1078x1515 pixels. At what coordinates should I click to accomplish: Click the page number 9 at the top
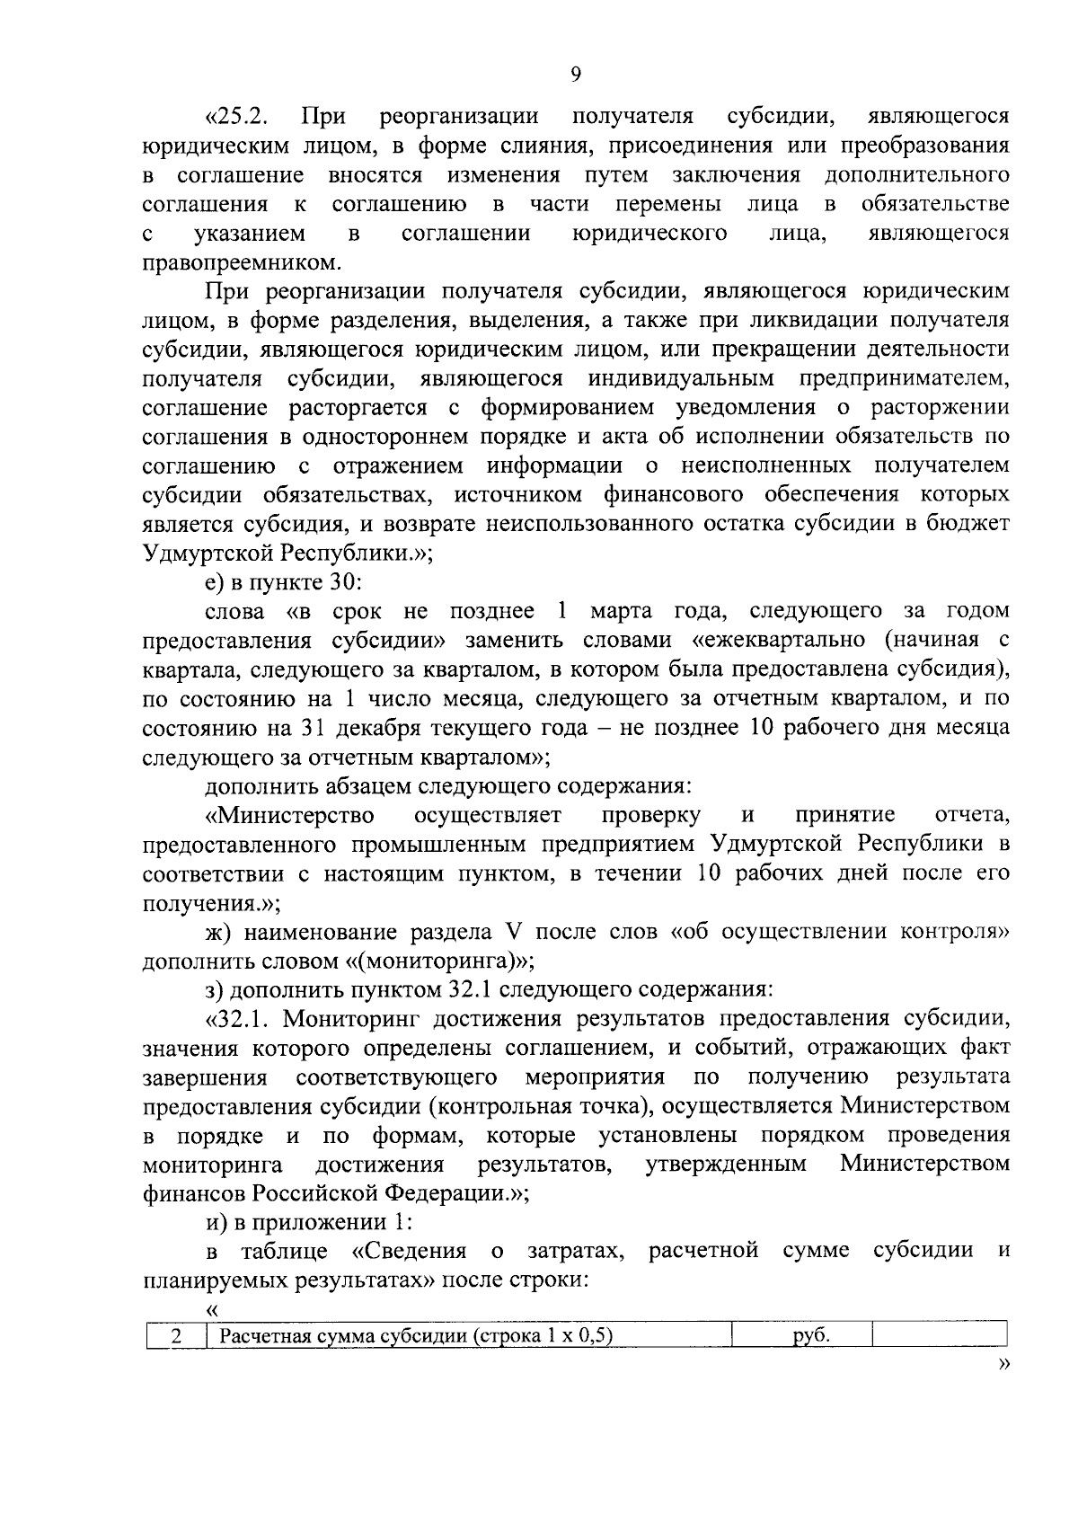(575, 75)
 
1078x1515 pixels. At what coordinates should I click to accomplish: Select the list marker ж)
(217, 931)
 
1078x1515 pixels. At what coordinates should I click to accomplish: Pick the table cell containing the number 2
(176, 1336)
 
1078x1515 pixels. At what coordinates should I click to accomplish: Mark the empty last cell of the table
(939, 1336)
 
